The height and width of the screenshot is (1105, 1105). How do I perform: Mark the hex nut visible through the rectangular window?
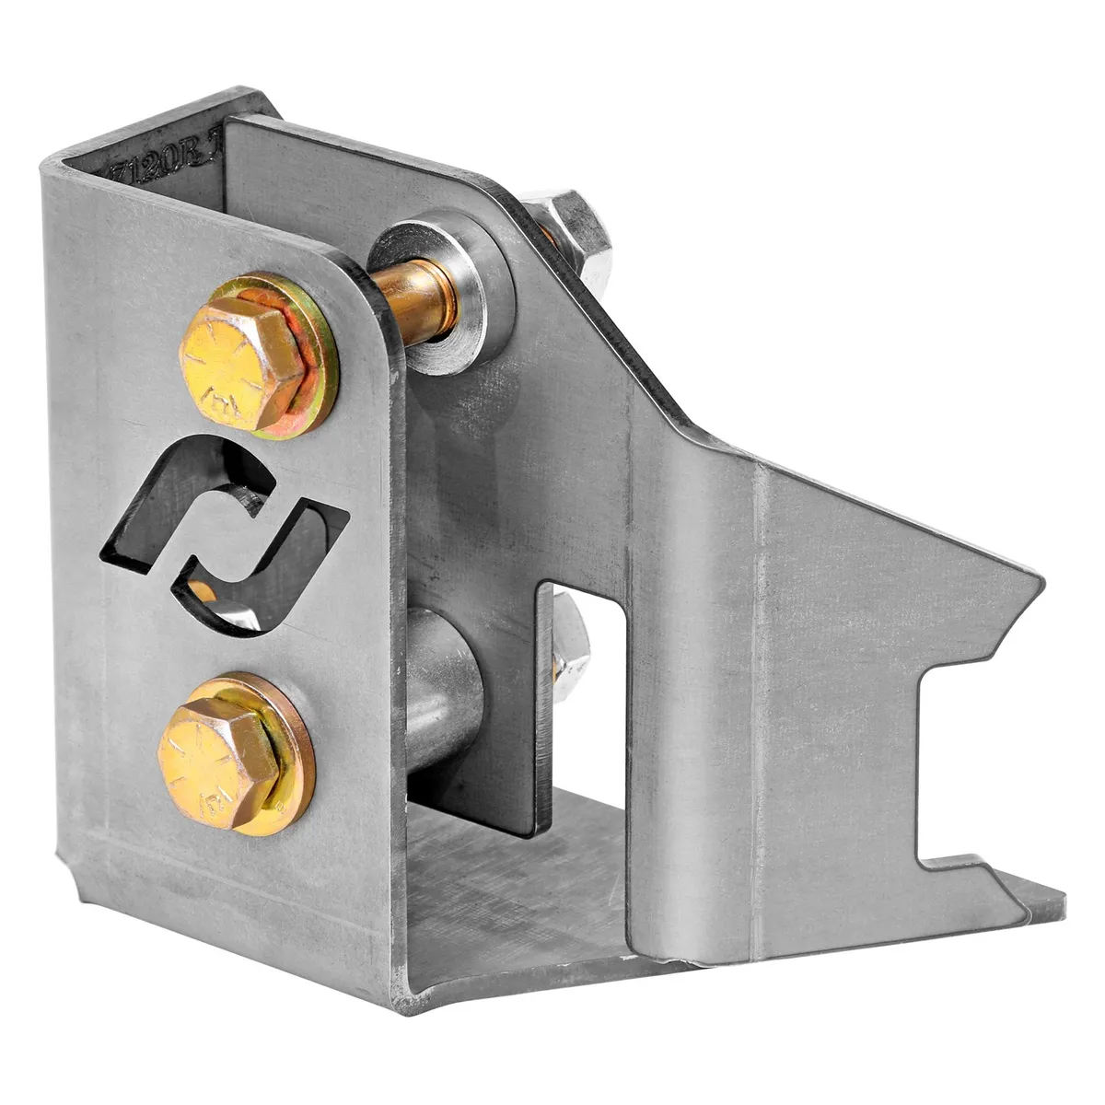(569, 645)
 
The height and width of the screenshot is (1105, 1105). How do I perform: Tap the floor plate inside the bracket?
(516, 884)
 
